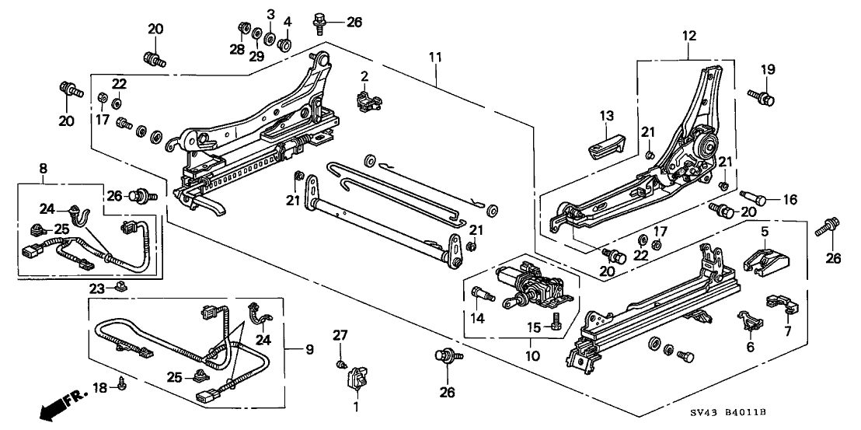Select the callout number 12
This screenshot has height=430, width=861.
pyautogui.click(x=689, y=35)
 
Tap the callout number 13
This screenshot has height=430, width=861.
pyautogui.click(x=606, y=116)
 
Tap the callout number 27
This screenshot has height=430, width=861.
pyautogui.click(x=338, y=336)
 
